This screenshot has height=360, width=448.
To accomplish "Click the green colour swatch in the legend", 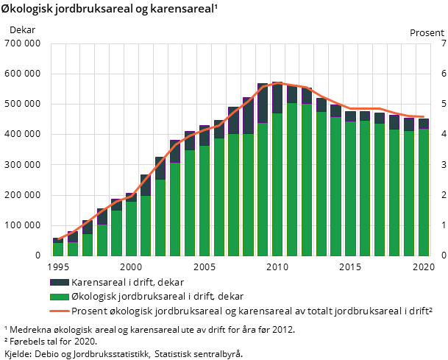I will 59,297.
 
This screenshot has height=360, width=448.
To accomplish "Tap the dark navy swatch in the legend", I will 59,283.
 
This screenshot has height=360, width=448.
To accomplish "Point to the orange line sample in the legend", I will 59,311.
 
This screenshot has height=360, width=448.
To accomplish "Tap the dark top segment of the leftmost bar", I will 57,241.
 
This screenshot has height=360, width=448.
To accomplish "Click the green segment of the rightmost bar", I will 424,192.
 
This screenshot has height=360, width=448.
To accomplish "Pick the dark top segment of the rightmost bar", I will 424,124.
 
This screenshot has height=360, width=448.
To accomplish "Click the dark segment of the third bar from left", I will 87,227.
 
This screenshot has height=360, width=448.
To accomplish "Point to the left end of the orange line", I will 57,239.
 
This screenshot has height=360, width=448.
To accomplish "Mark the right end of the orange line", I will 424,116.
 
